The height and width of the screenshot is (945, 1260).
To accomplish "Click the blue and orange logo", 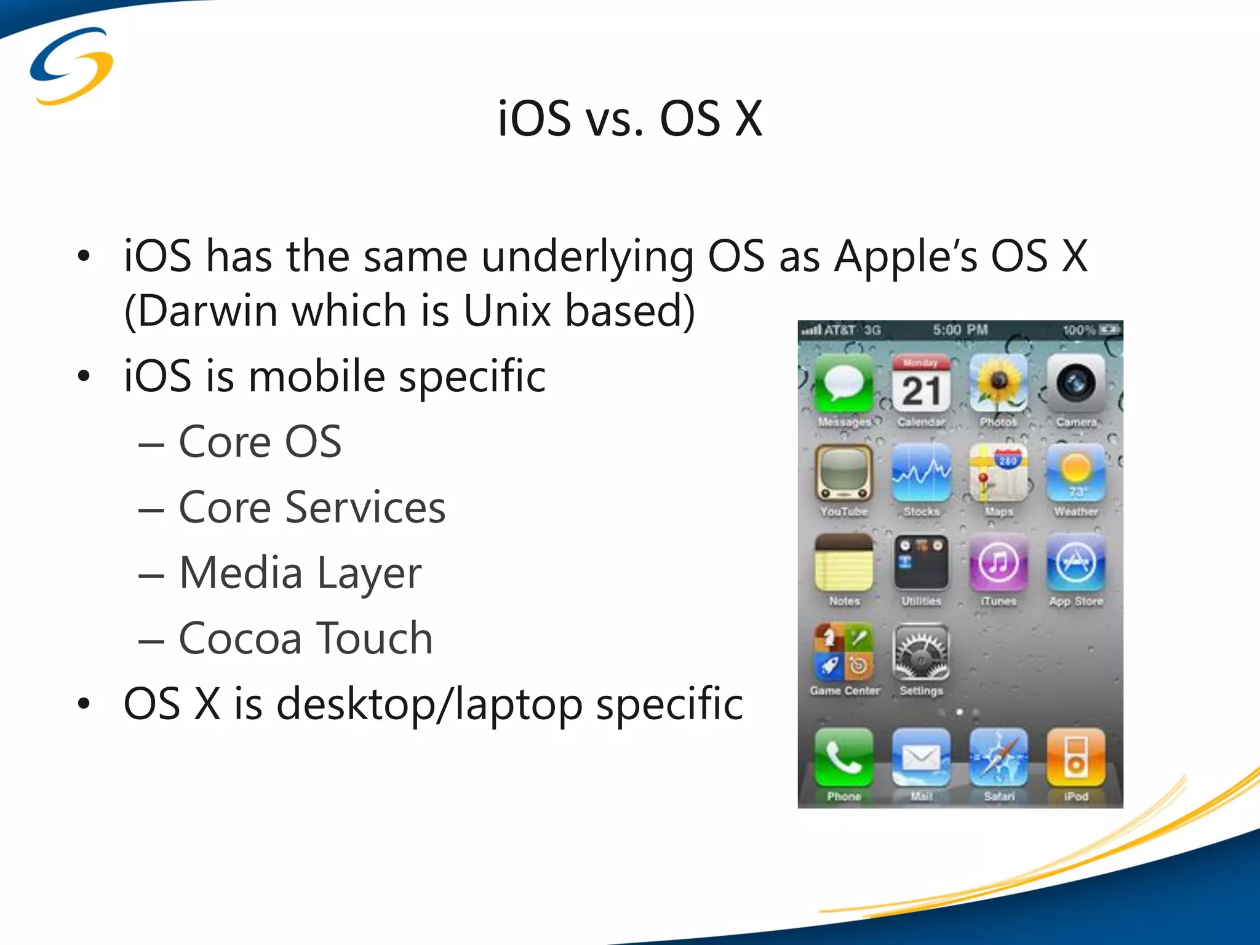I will coord(71,66).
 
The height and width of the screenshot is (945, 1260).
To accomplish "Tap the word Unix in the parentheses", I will coord(506,311).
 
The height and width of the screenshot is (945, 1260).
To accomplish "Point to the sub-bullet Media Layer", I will coord(300,573).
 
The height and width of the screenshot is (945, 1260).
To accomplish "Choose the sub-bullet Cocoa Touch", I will coord(305,638).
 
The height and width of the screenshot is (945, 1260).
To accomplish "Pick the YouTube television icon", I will coord(843,473).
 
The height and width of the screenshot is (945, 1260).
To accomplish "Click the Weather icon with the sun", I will coord(1075,473).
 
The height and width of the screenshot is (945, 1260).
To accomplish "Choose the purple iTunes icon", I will coord(998,562).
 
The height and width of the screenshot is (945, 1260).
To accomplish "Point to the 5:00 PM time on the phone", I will coord(960,330).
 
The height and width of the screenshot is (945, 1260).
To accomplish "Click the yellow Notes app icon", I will coord(843,562).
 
